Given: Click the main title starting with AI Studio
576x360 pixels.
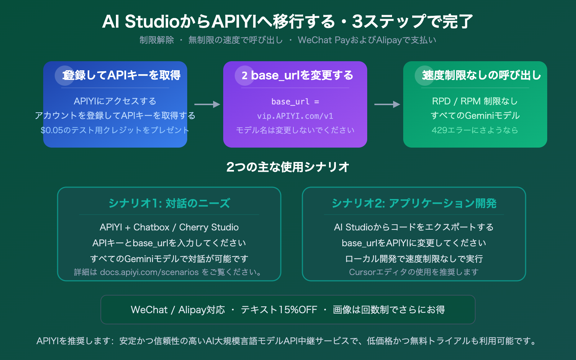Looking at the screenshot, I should point(287,22).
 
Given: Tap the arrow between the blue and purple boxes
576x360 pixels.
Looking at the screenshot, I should point(207,104).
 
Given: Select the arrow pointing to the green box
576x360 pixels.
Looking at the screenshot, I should point(387,104).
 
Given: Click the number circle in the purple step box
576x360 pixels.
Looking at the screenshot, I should point(244,76).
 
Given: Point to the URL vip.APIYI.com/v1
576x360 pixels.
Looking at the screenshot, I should point(295,116).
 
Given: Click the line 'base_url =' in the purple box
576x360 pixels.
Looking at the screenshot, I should point(295,102).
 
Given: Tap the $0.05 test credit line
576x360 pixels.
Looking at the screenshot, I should point(115,130).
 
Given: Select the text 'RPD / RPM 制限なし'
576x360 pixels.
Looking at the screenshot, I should point(475,101).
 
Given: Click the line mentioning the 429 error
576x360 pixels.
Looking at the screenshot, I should point(475,130).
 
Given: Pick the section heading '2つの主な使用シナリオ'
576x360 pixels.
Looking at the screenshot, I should point(288,167).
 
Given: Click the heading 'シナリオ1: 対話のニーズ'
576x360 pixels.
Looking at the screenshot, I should point(169,203).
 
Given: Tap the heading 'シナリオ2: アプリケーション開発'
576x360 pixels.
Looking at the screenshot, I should point(414,203).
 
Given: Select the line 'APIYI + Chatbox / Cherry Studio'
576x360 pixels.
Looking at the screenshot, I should point(169,227).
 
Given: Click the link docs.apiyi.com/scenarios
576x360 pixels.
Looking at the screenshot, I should point(149,272).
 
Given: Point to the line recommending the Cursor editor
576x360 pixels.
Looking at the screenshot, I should point(414,272).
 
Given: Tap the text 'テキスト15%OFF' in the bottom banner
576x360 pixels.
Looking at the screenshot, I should point(279,310).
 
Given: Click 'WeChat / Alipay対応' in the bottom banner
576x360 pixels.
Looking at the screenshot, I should point(178,310).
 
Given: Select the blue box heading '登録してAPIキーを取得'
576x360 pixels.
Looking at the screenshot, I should point(121,75).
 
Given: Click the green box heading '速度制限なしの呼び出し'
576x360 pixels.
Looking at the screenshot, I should point(481,75).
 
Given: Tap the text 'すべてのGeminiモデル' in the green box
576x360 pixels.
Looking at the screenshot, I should point(475,116).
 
